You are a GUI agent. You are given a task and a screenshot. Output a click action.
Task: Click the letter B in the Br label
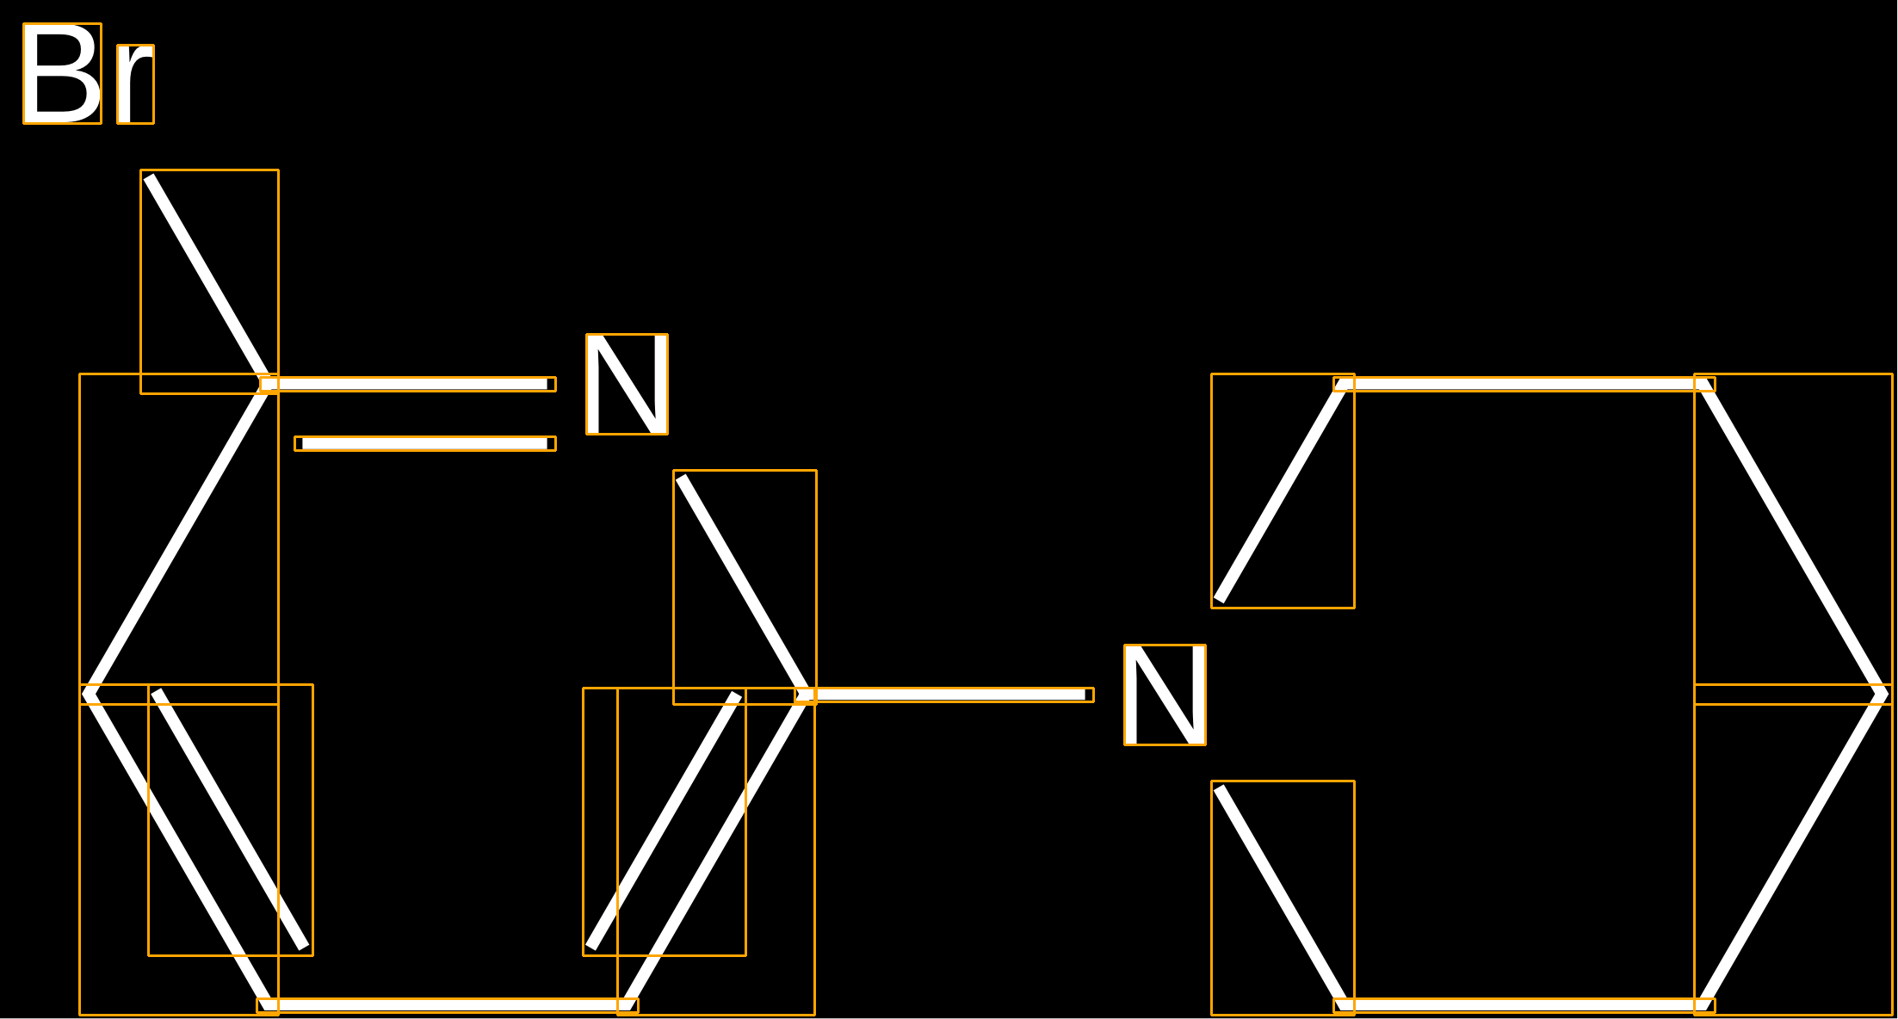point(62,73)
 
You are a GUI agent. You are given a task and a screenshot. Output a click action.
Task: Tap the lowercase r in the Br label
point(135,84)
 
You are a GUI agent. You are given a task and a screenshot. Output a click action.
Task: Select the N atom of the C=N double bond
point(627,384)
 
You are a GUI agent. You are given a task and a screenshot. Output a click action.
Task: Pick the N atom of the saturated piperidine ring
point(1165,695)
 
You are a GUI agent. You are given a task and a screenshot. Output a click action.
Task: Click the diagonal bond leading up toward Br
point(209,281)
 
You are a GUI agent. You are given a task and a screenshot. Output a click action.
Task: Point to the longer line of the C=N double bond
point(407,384)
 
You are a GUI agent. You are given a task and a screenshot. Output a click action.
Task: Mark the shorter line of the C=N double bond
point(425,443)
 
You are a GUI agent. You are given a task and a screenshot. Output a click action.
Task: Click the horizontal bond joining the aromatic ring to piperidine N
point(944,695)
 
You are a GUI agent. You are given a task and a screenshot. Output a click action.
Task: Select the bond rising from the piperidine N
point(1283,491)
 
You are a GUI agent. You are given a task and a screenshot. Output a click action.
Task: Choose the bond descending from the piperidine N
point(1283,898)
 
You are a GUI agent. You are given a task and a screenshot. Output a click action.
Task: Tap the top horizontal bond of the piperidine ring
point(1524,384)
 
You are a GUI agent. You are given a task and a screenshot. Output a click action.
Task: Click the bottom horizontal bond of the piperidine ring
point(1524,1005)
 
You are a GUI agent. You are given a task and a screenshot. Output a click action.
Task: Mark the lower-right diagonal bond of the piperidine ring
point(1793,849)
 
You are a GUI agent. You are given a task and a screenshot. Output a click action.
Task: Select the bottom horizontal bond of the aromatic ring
point(448,1005)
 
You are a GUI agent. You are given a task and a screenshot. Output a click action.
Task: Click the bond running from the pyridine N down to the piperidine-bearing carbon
point(745,587)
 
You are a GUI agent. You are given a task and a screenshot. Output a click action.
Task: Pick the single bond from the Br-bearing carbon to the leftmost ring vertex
point(179,539)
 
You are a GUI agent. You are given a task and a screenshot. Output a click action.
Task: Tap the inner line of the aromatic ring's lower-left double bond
point(231,819)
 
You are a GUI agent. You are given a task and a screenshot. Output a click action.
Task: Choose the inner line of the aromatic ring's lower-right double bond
point(664,821)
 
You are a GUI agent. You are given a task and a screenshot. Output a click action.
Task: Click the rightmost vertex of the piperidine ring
point(1885,695)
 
